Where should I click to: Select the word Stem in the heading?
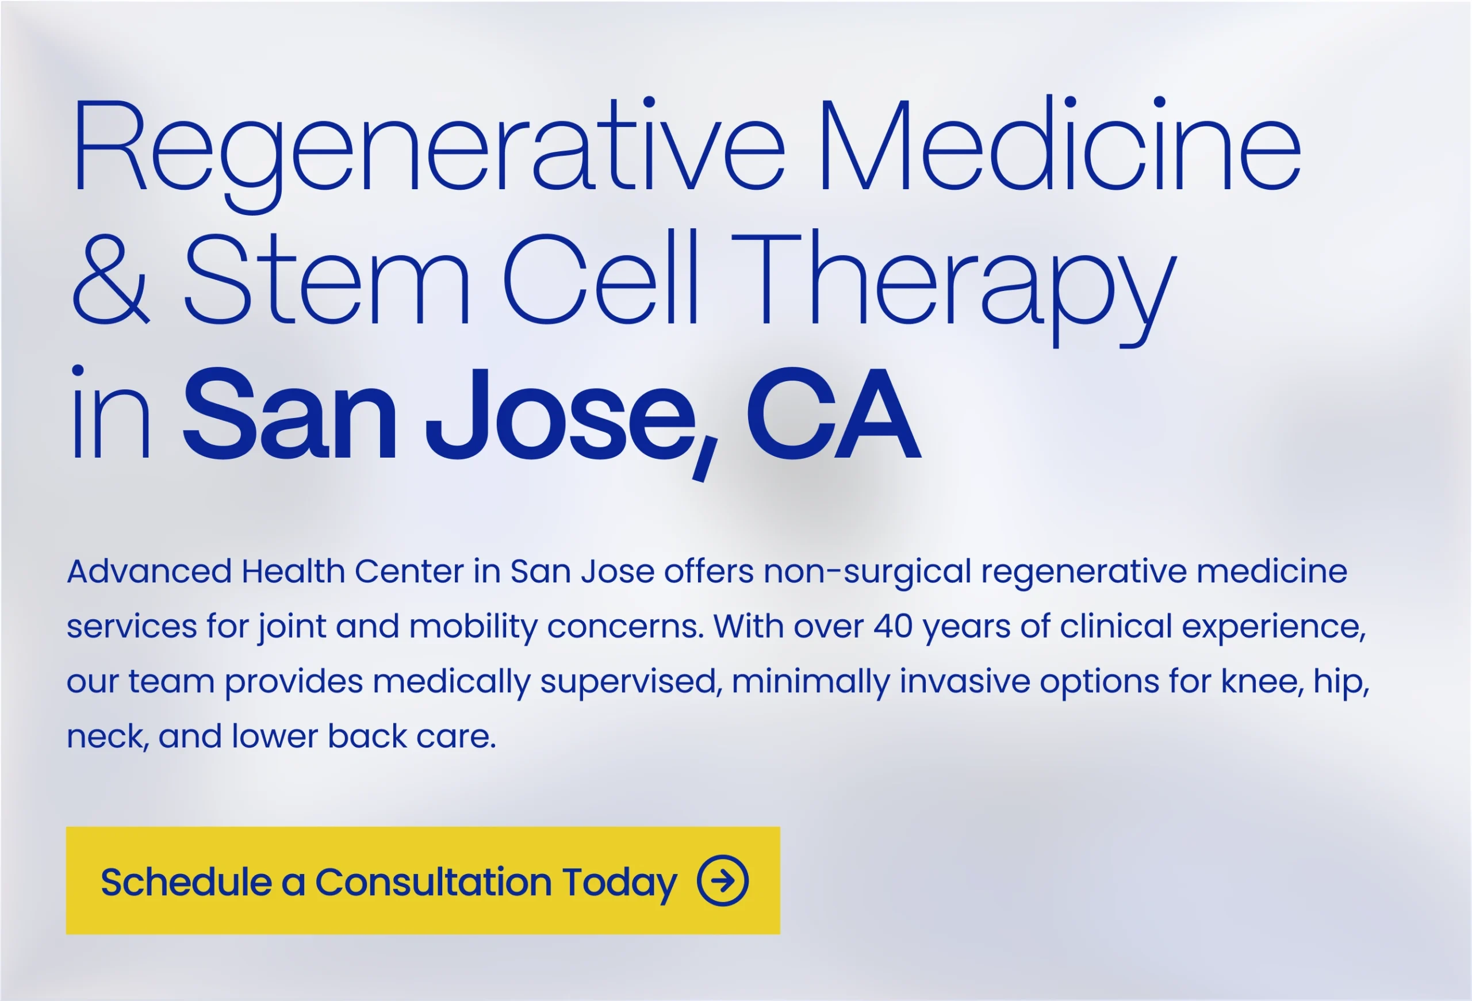(327, 279)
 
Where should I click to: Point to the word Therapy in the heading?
(954, 289)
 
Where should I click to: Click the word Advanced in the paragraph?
(149, 571)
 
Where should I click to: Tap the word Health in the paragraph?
(293, 571)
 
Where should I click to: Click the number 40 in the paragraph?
(893, 627)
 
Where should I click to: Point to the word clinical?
(1116, 627)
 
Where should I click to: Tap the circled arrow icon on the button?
(723, 881)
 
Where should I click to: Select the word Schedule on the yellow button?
(186, 882)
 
